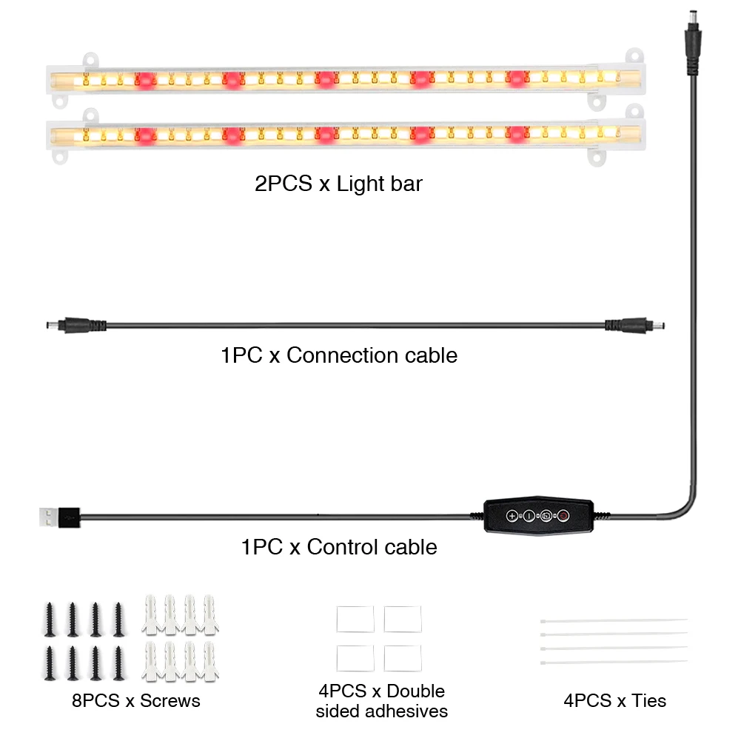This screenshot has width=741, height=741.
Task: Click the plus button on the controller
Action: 512,515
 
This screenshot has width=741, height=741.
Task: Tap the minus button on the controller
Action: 529,515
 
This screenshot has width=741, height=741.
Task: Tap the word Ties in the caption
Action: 649,700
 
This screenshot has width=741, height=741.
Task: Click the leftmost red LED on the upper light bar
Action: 146,79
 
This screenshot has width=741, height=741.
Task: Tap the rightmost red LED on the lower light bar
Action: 517,134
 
